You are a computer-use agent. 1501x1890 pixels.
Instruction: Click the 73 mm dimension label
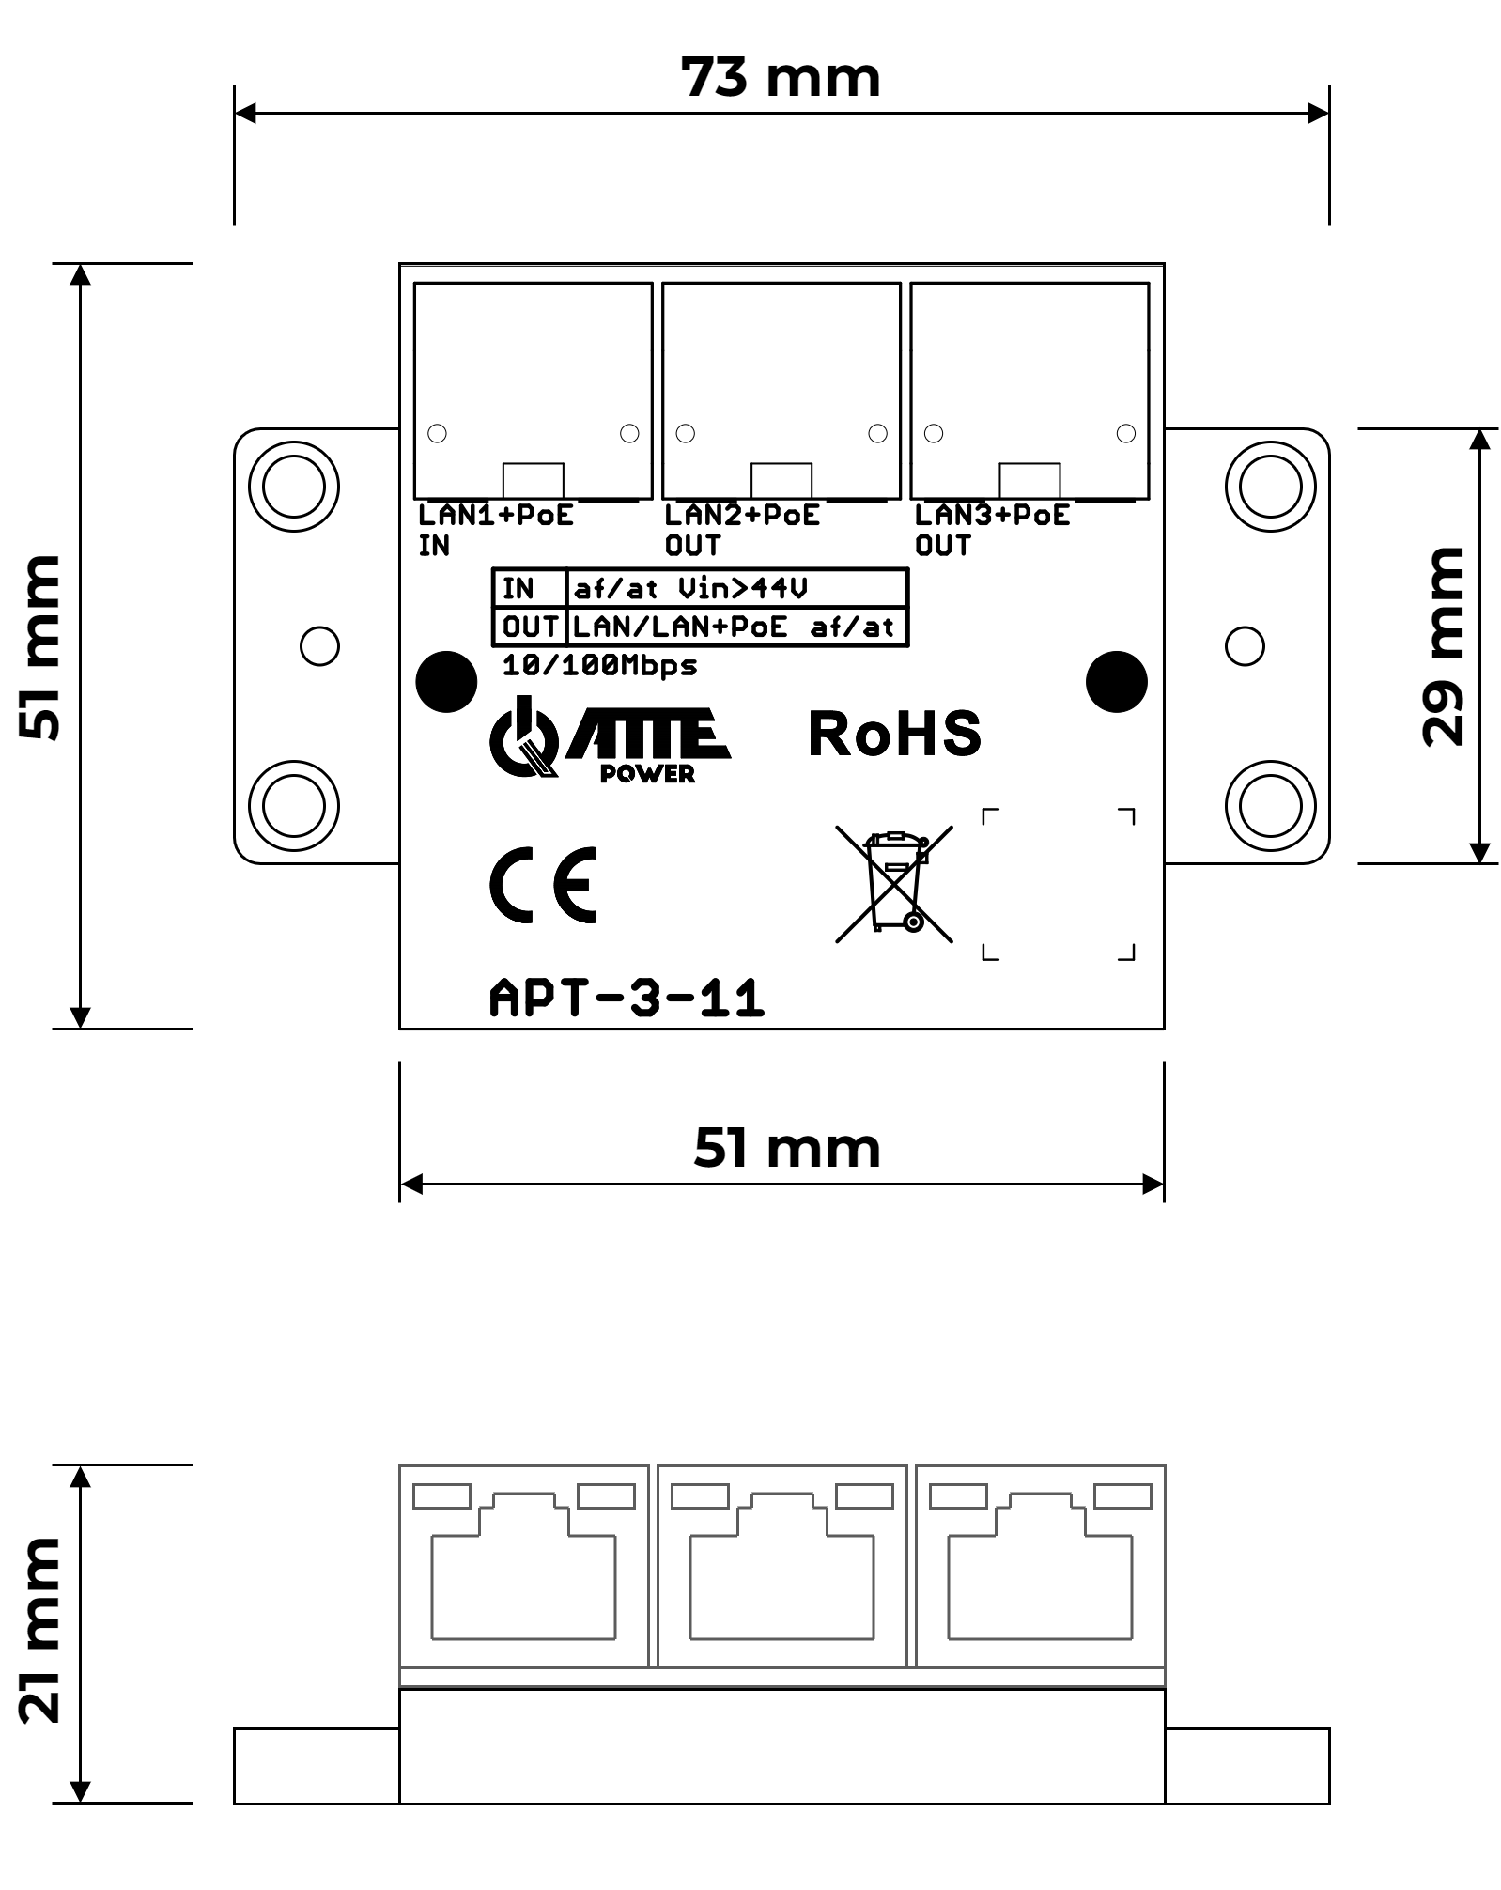click(x=781, y=78)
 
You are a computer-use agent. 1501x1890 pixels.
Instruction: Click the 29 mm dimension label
click(x=1444, y=646)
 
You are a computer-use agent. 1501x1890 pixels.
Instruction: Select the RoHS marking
click(x=894, y=734)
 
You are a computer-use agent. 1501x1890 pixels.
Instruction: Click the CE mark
click(x=544, y=884)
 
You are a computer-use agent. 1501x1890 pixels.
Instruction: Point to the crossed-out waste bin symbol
click(x=894, y=883)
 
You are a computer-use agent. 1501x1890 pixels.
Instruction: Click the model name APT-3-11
click(x=627, y=999)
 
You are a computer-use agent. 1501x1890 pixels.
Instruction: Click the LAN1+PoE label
click(x=495, y=516)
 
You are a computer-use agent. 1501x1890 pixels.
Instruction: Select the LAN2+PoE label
click(x=742, y=516)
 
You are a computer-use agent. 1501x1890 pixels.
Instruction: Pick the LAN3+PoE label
click(x=992, y=516)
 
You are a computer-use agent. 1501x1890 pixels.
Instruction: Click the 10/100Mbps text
click(x=599, y=666)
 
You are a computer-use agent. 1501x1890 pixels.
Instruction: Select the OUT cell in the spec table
click(x=530, y=627)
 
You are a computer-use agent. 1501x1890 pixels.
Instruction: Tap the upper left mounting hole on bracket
click(x=294, y=487)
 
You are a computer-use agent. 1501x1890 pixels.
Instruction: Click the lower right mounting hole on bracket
click(x=1270, y=806)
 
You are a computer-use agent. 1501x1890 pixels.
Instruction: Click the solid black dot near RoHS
click(x=1116, y=681)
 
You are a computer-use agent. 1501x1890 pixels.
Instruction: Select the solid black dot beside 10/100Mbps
click(x=446, y=681)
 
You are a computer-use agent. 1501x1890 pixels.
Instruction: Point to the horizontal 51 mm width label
click(x=787, y=1148)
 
